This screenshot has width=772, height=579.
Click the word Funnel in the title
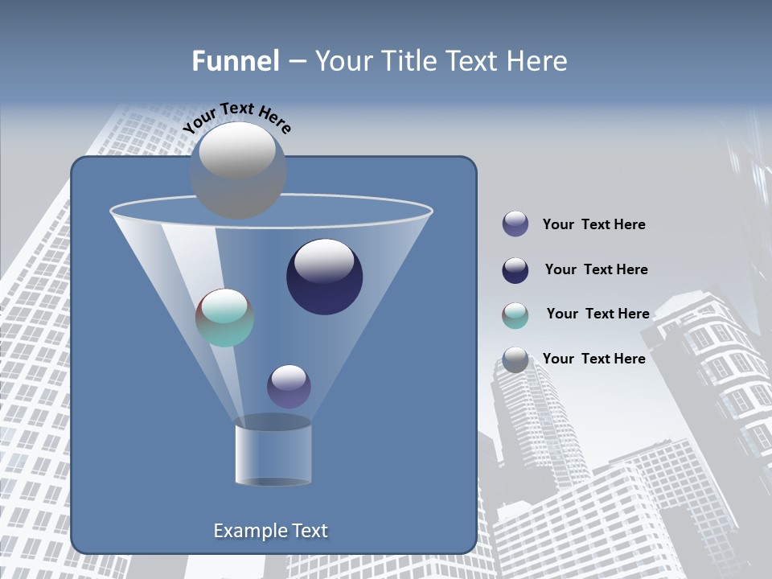[x=235, y=61]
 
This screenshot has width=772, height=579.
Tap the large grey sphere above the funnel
[x=237, y=170]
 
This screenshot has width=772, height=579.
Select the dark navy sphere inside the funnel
[x=324, y=277]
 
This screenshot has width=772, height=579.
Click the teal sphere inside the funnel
[x=224, y=318]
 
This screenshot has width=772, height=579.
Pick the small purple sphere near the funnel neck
[x=289, y=386]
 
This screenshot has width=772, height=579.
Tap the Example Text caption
[x=270, y=531]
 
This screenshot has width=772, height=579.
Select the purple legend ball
[x=515, y=224]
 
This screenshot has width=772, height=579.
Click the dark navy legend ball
[x=515, y=269]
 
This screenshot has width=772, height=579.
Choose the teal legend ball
[x=515, y=314]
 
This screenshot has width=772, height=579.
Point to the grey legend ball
[x=515, y=359]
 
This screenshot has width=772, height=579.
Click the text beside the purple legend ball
[x=593, y=224]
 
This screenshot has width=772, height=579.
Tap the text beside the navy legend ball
[x=596, y=269]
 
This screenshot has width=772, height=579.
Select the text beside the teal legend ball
[x=597, y=314]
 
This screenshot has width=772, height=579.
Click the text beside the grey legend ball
[x=593, y=359]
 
